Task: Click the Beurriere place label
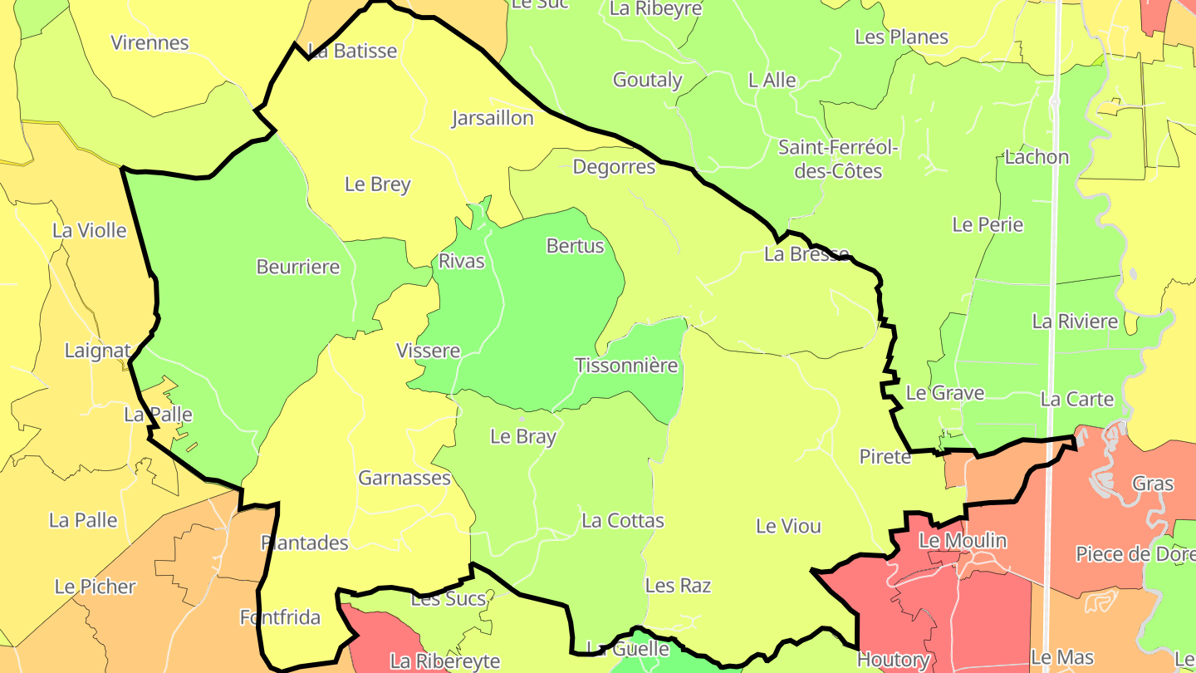[x=298, y=267]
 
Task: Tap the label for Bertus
[x=575, y=246]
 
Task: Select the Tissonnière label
[x=626, y=366]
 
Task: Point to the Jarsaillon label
[x=493, y=118]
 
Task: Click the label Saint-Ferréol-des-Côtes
[x=838, y=160]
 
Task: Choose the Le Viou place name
[x=788, y=526]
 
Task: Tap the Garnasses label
[x=404, y=478]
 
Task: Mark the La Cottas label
[x=623, y=521]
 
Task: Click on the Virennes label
[x=150, y=42]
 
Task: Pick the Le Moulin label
[x=963, y=541]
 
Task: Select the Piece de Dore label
[x=1135, y=554]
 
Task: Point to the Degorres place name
[x=614, y=167]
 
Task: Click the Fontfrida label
[x=280, y=617]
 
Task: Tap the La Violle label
[x=90, y=230]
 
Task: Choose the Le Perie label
[x=988, y=224]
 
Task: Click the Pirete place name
[x=885, y=456]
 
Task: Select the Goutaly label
[x=647, y=80]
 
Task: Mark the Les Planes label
[x=901, y=37]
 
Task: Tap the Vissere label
[x=428, y=351]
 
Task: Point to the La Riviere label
[x=1075, y=321]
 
